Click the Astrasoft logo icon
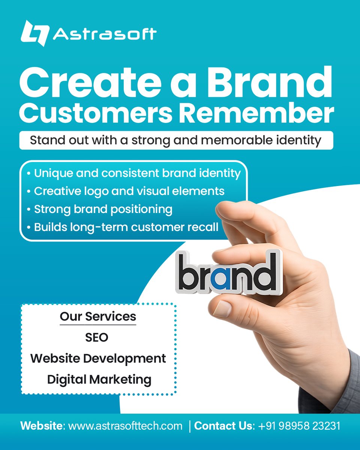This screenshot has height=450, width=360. [x=35, y=33]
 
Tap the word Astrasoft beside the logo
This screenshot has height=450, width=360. [x=105, y=34]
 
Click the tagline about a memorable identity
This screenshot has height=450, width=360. [x=175, y=140]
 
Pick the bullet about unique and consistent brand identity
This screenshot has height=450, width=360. [x=134, y=173]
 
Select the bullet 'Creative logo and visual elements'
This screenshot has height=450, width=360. [x=126, y=191]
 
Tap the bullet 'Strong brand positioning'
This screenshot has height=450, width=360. [x=100, y=209]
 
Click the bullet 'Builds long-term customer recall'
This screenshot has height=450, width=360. [x=123, y=227]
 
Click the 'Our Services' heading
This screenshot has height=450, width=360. [x=98, y=316]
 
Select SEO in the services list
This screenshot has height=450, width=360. [x=97, y=337]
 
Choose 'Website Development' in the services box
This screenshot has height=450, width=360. [x=98, y=358]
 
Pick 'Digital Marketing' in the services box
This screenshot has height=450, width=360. [x=99, y=379]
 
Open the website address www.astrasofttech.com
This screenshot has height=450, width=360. [x=125, y=426]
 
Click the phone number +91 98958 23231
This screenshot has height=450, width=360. [x=299, y=426]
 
